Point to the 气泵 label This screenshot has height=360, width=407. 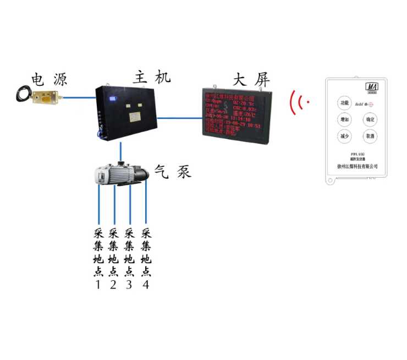coord(173,171)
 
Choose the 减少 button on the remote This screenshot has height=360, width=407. coord(344,136)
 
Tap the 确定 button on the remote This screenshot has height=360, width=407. coord(370,119)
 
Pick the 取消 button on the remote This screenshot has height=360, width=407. coord(370,136)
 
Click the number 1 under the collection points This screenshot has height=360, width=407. coord(98,285)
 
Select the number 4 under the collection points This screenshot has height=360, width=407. coord(146,285)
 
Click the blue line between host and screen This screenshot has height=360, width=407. coord(179,117)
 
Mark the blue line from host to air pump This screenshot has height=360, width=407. coord(120,151)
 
